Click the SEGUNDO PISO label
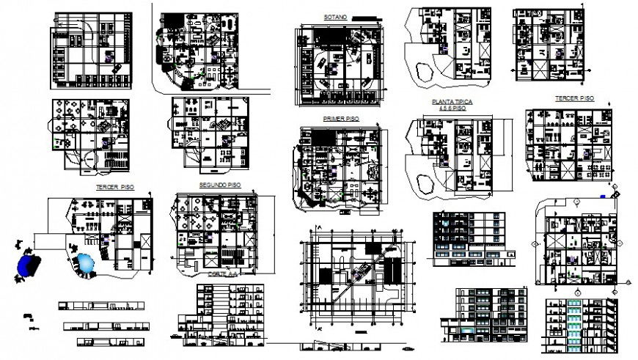pyautogui.click(x=219, y=185)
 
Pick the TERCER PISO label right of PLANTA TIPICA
pyautogui.click(x=573, y=98)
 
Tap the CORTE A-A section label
pyautogui.click(x=219, y=273)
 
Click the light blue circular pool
pyautogui.click(x=86, y=263)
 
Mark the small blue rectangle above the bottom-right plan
pyautogui.click(x=602, y=196)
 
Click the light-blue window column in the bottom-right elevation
pyautogui.click(x=574, y=321)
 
